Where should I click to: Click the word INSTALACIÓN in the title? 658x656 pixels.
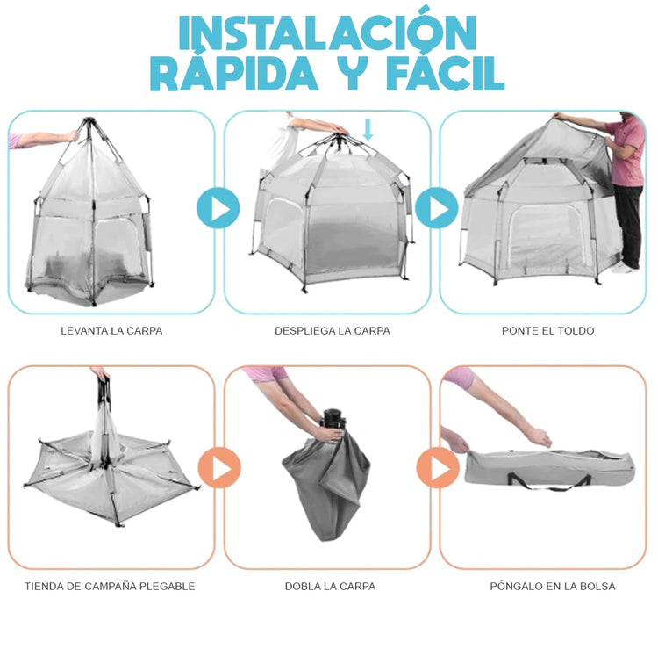click(328, 32)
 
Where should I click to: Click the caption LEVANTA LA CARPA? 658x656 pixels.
click(111, 331)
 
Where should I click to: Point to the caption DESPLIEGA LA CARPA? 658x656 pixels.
click(333, 331)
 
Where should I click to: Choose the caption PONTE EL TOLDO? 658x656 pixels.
click(547, 331)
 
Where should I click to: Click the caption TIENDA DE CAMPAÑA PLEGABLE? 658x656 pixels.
click(110, 586)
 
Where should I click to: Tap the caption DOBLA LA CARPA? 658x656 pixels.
click(330, 586)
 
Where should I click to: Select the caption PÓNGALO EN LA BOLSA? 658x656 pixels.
click(553, 586)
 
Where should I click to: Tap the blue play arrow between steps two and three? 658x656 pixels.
click(436, 208)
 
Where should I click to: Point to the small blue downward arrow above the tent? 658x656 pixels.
click(368, 130)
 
